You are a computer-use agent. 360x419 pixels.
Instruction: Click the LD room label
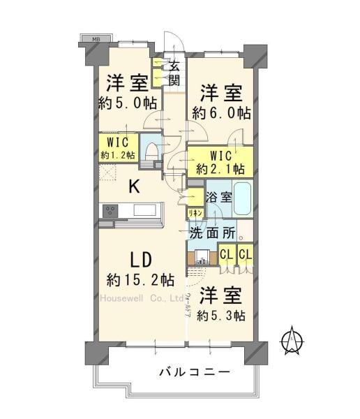pos(142,260)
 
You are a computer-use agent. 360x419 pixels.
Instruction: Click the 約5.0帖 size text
pos(127,103)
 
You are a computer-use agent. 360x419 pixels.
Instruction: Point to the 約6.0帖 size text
pos(222,112)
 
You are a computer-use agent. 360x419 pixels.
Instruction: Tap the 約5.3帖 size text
pos(220,315)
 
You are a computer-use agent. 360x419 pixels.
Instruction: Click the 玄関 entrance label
pos(174,73)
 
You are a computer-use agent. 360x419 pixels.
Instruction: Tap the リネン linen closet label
pos(195,212)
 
